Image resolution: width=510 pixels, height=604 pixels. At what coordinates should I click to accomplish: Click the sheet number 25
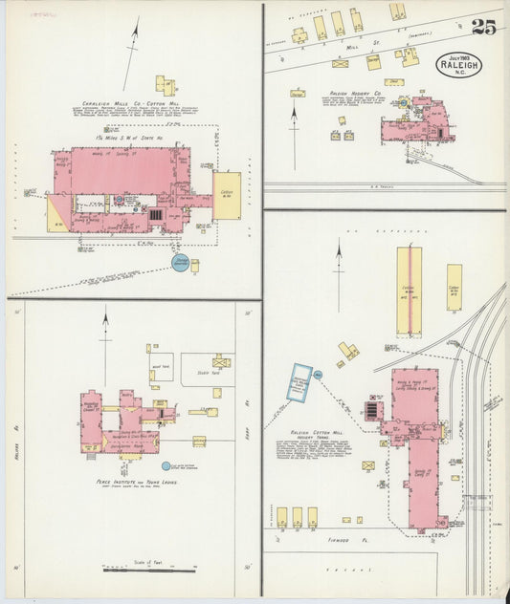tap(483, 27)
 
